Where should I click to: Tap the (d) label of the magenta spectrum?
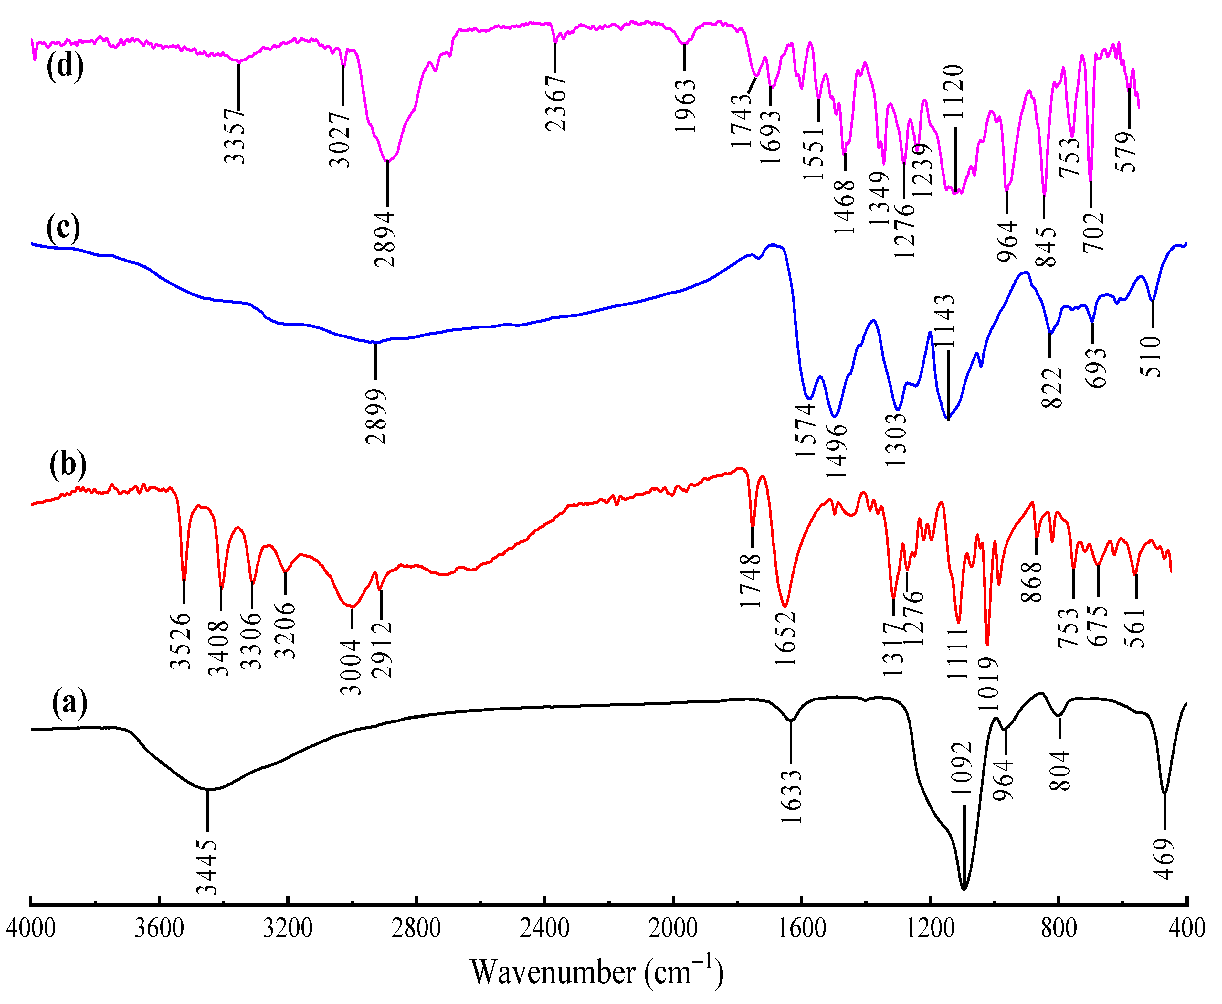(65, 65)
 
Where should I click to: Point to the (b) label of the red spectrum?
(68, 464)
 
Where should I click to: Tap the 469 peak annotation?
(1164, 859)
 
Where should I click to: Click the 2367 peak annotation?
(556, 102)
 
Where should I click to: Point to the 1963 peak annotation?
(686, 105)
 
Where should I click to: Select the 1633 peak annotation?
(790, 796)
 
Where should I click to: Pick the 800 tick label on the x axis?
(1059, 928)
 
